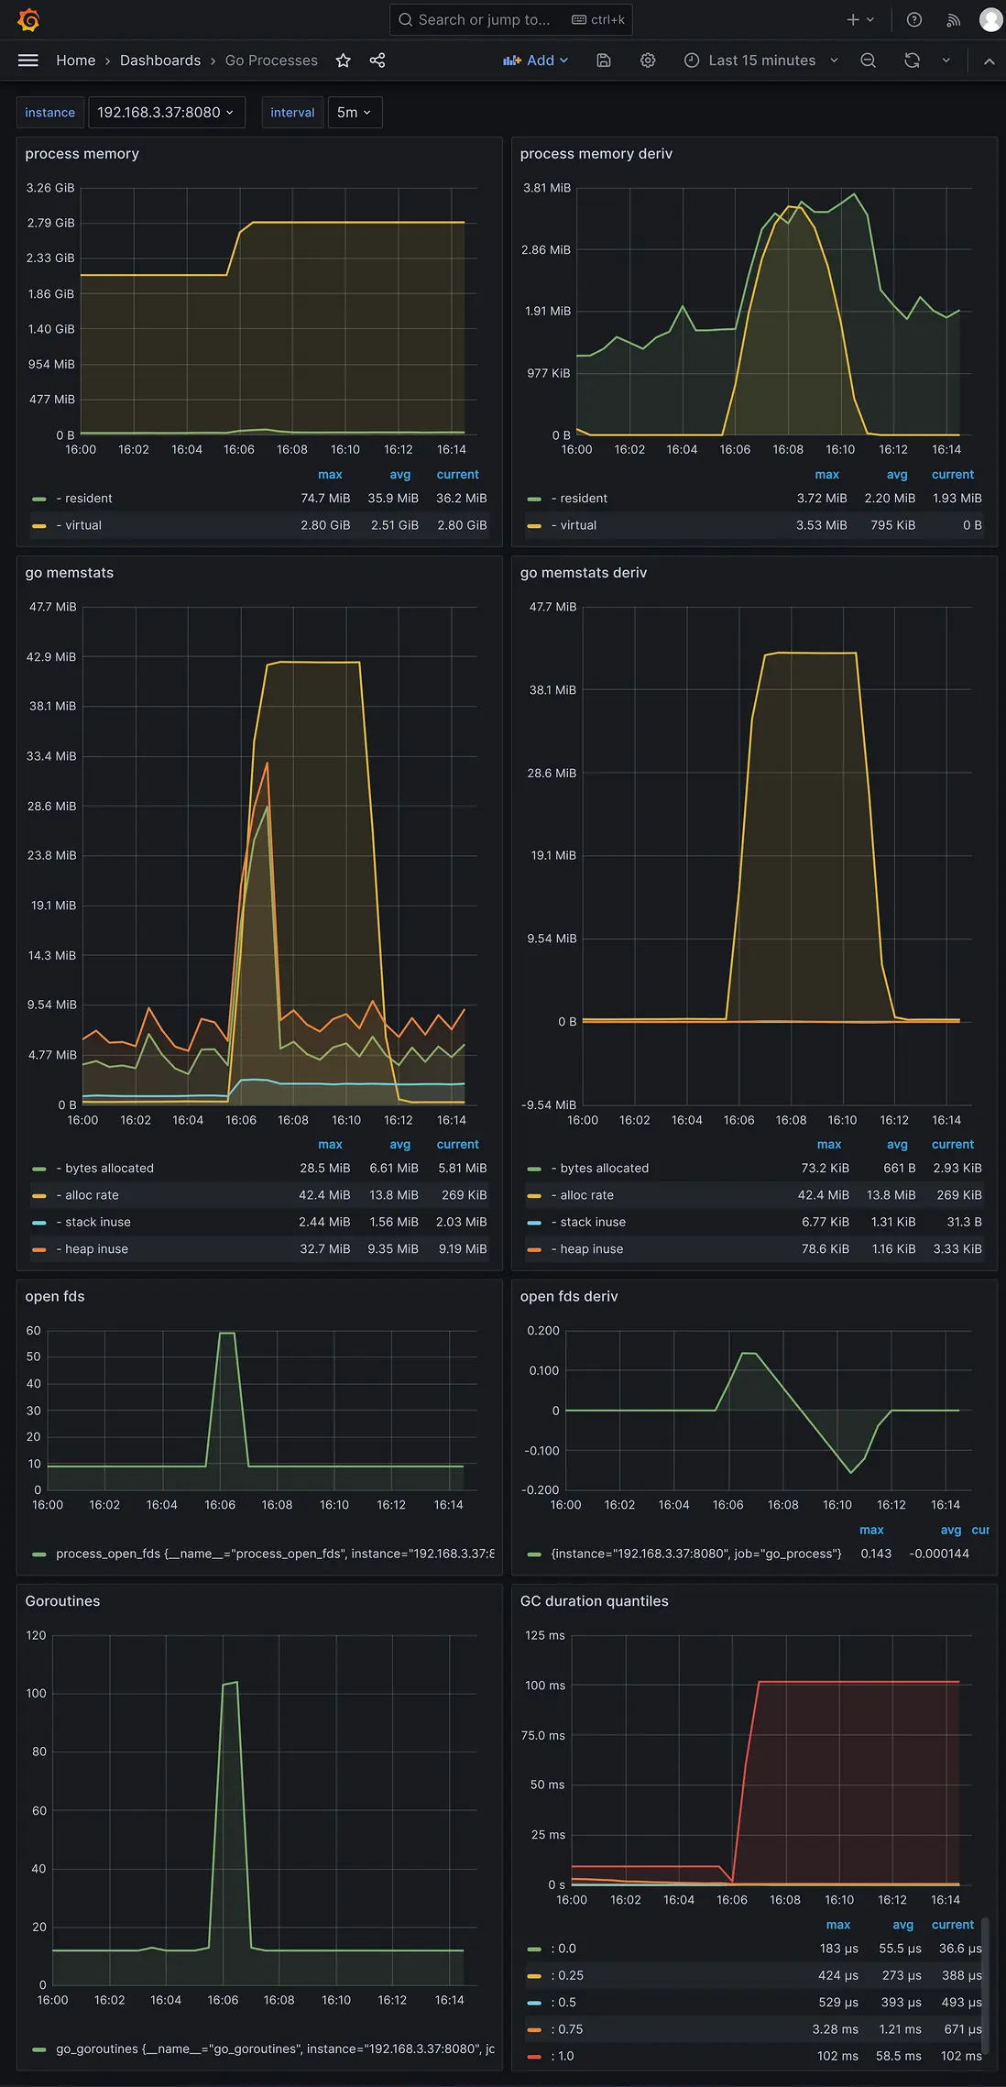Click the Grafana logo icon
(28, 19)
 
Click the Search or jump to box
(509, 19)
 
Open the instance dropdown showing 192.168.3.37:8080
(166, 113)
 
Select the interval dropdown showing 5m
(354, 113)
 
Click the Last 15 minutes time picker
(761, 60)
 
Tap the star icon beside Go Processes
(344, 60)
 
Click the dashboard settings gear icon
(648, 60)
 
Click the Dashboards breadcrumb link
(160, 60)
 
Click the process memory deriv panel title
(596, 154)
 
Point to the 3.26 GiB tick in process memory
(50, 188)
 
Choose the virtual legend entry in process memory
(82, 525)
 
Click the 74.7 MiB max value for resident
(325, 499)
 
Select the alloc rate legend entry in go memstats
(92, 1195)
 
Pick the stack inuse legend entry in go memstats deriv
(593, 1222)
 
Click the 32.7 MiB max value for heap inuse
(324, 1249)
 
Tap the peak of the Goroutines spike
(231, 1683)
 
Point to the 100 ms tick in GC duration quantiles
(545, 1686)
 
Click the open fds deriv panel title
(569, 1296)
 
